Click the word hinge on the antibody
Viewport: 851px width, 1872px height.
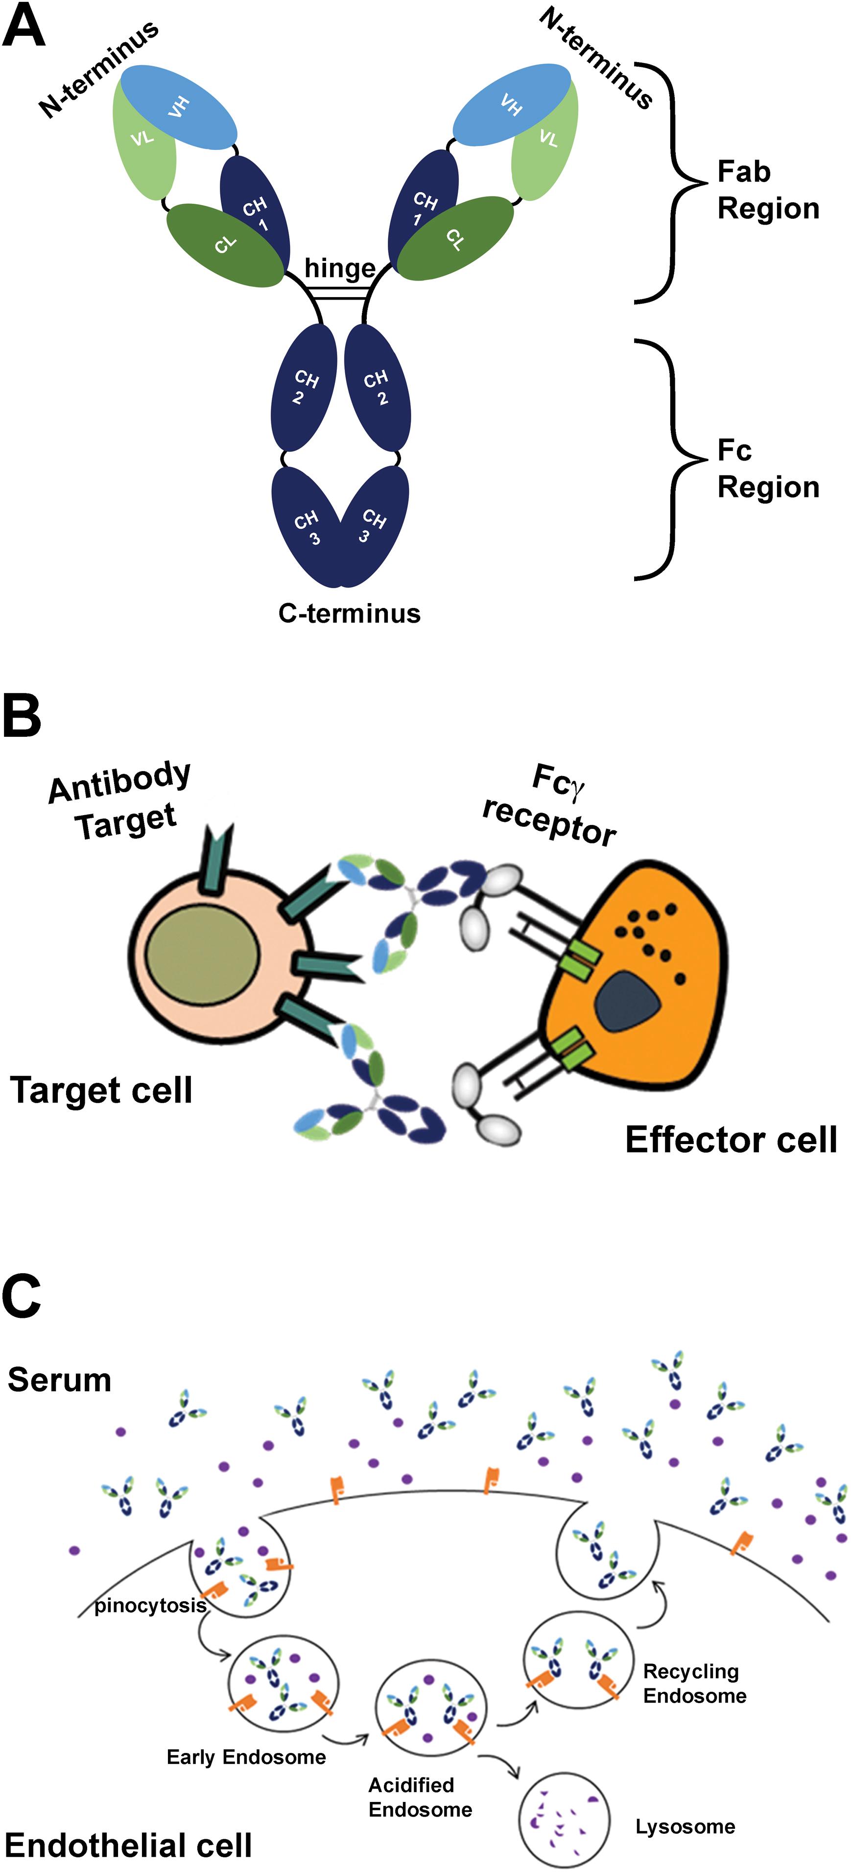coord(339,268)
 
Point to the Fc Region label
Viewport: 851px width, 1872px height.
coord(767,468)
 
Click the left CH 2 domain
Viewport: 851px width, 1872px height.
coord(304,387)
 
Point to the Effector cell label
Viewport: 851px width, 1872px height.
coord(731,1140)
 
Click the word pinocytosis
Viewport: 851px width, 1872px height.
coord(150,1605)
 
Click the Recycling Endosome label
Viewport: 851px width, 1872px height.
coord(694,1683)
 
